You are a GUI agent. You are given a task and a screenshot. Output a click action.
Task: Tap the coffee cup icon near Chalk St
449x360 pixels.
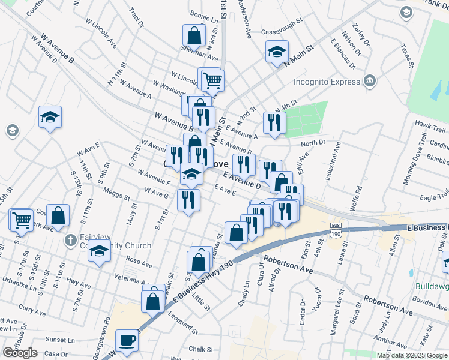pos(127,341)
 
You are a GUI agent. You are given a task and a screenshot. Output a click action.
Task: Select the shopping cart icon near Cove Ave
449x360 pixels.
pos(22,220)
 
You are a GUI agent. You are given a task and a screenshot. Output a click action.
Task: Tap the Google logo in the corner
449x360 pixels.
pos(20,353)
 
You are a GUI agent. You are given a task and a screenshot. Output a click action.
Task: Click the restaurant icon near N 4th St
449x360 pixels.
pos(274,122)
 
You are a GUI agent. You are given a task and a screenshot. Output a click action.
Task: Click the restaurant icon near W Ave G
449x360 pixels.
pos(188,199)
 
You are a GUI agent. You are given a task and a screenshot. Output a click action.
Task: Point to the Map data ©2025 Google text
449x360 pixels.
pos(412,355)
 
